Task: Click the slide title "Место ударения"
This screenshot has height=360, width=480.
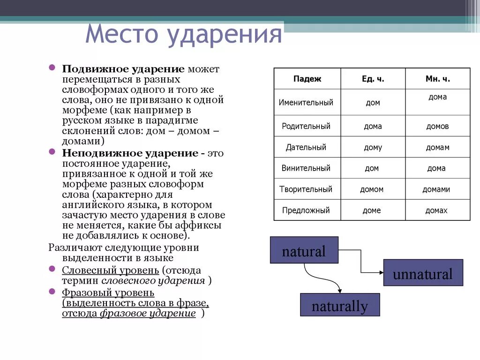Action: (x=184, y=35)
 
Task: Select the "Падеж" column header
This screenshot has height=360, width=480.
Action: (x=307, y=79)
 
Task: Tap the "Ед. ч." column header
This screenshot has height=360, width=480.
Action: (x=373, y=79)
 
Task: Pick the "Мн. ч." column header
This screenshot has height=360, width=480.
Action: (x=437, y=79)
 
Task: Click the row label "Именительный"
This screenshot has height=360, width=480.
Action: (x=306, y=102)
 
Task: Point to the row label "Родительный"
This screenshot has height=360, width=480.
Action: (x=306, y=126)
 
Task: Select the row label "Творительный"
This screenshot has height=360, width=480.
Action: (x=307, y=189)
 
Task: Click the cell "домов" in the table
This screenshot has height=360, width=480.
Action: (x=437, y=126)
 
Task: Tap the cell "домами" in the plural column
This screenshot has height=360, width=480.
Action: (x=436, y=189)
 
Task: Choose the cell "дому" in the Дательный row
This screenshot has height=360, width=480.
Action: (x=373, y=147)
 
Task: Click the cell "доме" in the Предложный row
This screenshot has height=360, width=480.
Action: (x=372, y=210)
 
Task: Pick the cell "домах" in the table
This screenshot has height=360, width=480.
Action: (x=436, y=210)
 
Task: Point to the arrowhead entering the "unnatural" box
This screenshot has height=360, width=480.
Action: (x=380, y=272)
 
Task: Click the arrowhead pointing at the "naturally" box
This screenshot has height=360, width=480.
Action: (x=340, y=290)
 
